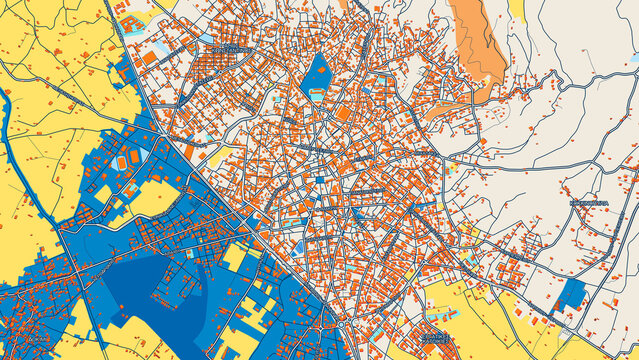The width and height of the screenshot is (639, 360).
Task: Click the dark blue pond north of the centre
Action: click(317, 74)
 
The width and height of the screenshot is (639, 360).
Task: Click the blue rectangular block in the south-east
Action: click(571, 295)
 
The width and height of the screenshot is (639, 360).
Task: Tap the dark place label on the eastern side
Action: click(588, 204)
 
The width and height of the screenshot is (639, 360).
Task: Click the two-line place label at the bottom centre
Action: click(436, 338)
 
